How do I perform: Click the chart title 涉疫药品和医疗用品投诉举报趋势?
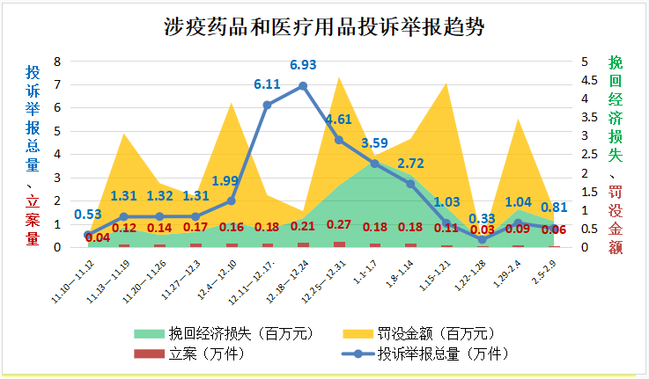(x=324, y=26)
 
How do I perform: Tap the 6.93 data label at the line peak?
(x=303, y=65)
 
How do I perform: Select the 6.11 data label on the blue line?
(x=267, y=84)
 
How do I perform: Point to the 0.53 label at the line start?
(x=88, y=215)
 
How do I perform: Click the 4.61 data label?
(x=340, y=120)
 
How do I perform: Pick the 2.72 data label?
(x=411, y=164)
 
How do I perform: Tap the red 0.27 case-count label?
(x=340, y=224)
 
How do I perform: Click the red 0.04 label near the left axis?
(x=98, y=237)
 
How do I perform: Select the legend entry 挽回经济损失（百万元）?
(x=205, y=334)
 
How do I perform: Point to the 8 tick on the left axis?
(x=57, y=62)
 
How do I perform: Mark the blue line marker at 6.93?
(x=303, y=86)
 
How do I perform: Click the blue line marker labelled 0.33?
(x=483, y=239)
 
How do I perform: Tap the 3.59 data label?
(x=375, y=142)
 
